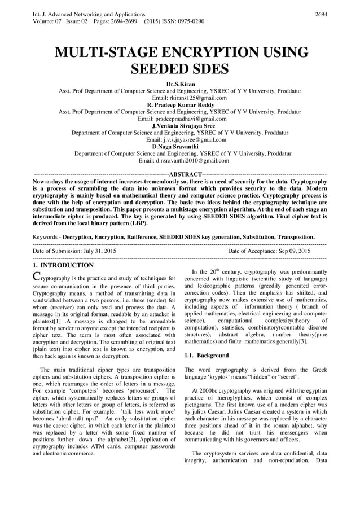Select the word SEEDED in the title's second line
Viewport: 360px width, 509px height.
(x=161, y=69)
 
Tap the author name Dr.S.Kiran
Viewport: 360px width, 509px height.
(x=180, y=84)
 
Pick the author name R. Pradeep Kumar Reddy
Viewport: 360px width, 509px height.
(x=180, y=104)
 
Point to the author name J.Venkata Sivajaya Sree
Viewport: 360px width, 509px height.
(x=180, y=126)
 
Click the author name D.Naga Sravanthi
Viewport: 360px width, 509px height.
(x=180, y=146)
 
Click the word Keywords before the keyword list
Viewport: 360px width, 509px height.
(x=46, y=237)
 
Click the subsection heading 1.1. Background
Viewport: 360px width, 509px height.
(x=207, y=356)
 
